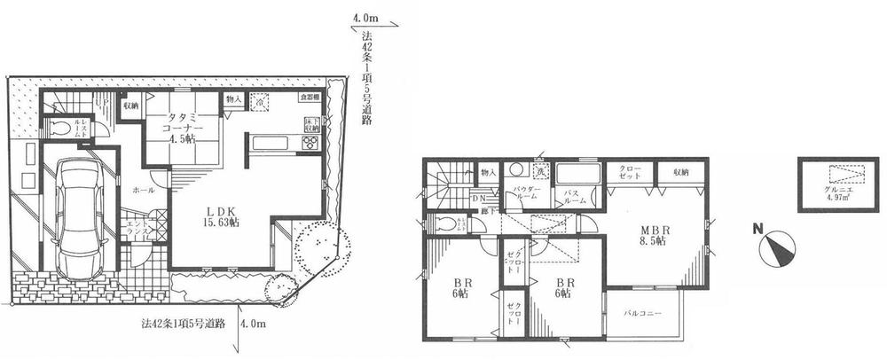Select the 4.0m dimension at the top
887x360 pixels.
365,17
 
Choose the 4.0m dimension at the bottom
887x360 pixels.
253,325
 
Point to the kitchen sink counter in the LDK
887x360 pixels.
271,143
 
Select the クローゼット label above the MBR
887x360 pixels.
628,172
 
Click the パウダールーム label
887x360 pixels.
521,194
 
